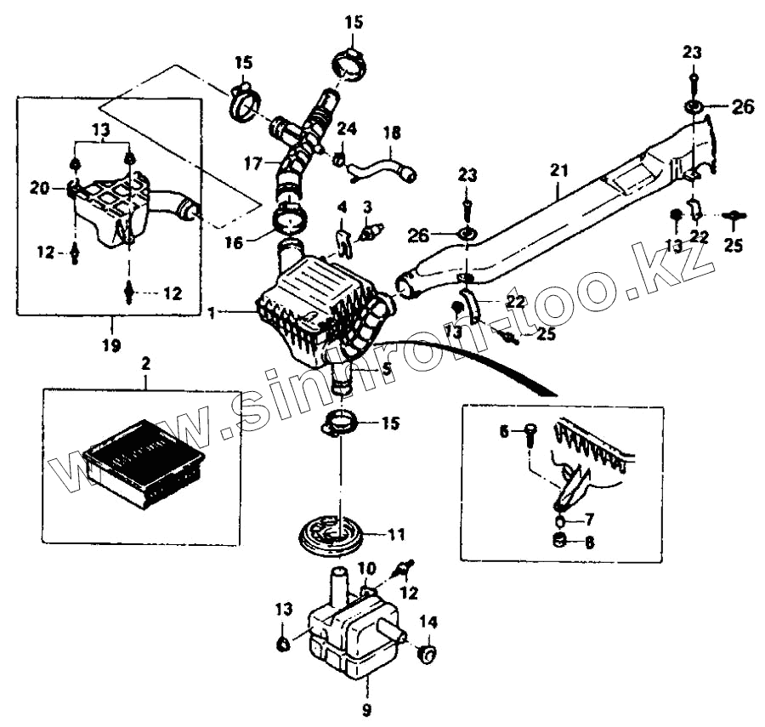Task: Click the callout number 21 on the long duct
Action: click(x=558, y=171)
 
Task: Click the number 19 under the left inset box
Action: click(x=110, y=345)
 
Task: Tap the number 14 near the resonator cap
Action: click(x=428, y=622)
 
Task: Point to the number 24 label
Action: click(x=346, y=128)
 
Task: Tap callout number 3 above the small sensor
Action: click(x=367, y=207)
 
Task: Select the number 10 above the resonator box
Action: click(x=365, y=568)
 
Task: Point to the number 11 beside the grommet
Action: click(x=396, y=535)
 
